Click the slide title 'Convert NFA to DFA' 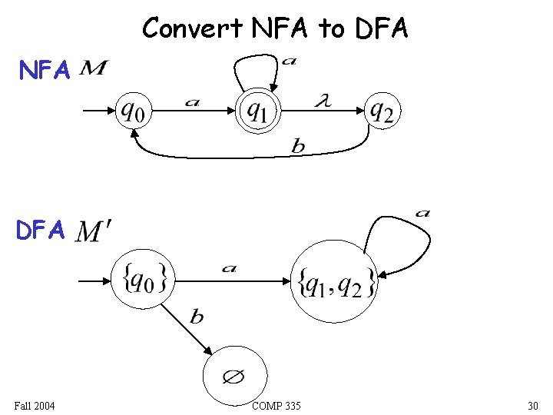tap(276, 28)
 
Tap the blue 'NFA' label tap(45, 71)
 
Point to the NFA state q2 tap(382, 111)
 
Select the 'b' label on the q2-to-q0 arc tap(297, 147)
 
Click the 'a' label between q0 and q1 tap(192, 101)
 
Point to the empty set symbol tap(233, 377)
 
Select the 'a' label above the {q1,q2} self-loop tap(422, 213)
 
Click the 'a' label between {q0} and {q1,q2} tap(229, 268)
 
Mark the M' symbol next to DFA tap(94, 231)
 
